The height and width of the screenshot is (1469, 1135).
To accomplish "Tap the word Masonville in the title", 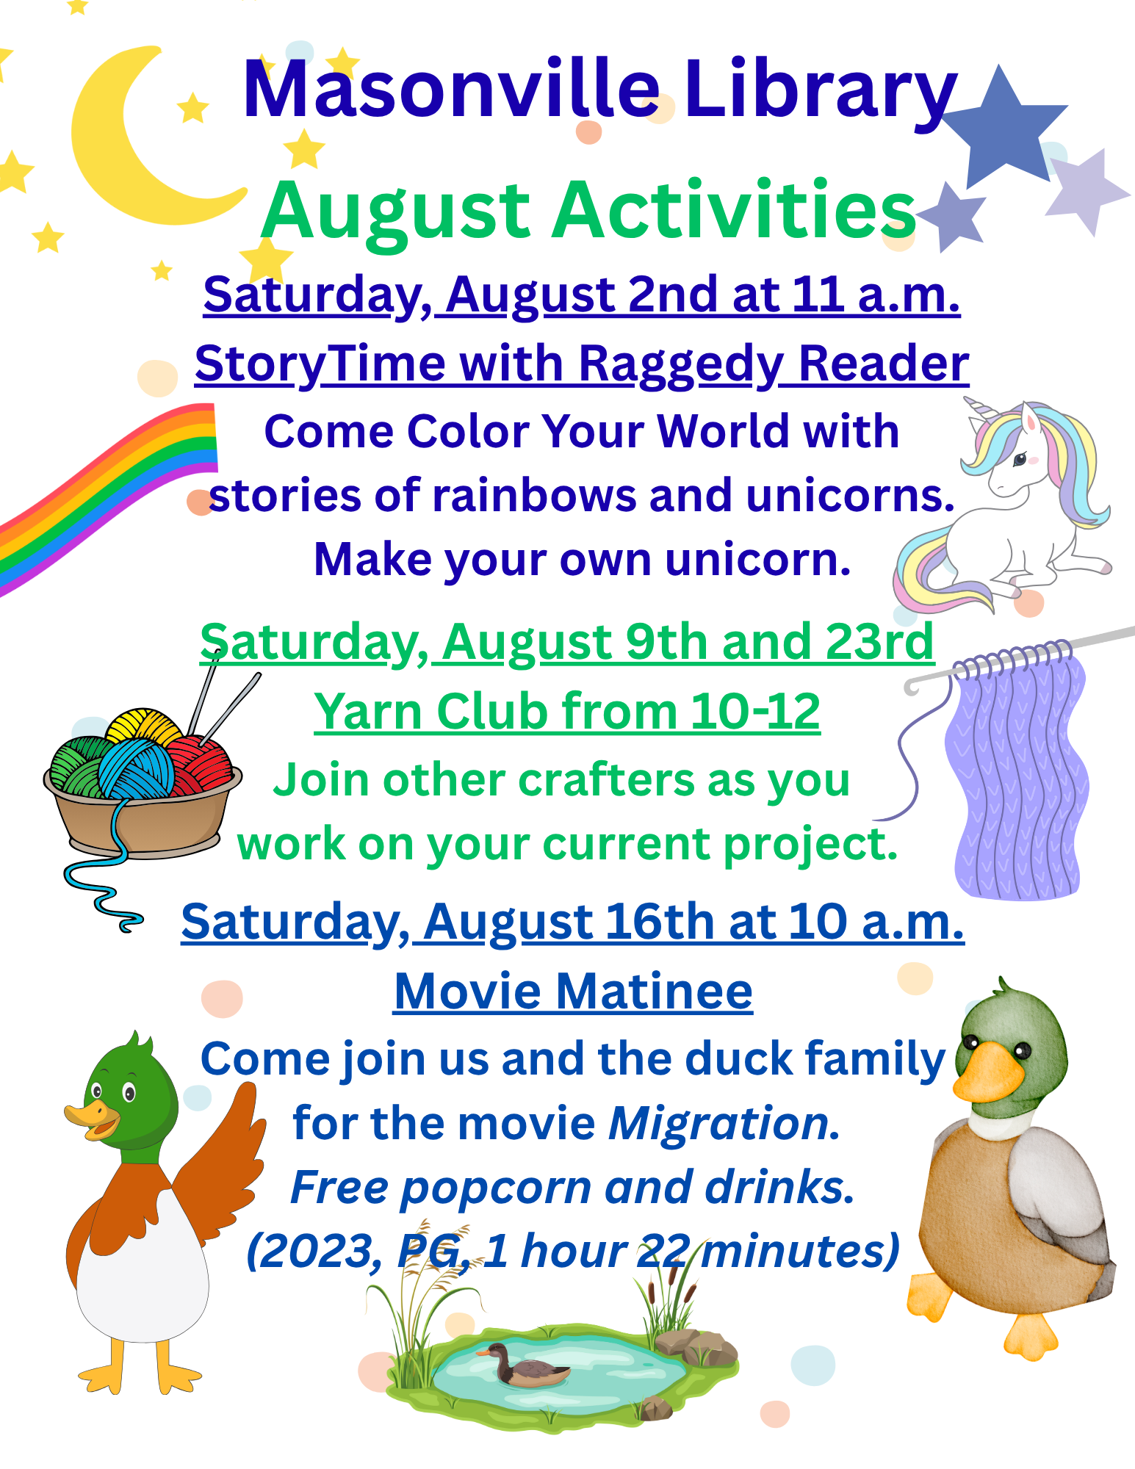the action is point(451,90).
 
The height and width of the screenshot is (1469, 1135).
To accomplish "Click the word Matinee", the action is point(654,992).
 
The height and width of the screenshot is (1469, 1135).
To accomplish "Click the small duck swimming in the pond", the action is point(523,1365).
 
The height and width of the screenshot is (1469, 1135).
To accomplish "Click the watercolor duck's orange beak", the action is point(987,1073).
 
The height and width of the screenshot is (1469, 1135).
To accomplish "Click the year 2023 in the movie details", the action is point(314,1252).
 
